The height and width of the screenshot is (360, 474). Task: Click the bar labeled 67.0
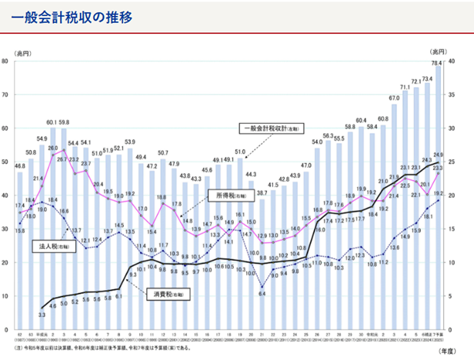395,215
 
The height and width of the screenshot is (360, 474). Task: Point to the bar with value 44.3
251,254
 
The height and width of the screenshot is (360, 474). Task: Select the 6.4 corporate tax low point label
262,294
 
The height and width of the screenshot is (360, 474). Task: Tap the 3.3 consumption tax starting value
41,315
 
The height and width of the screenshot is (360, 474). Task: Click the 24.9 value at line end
439,155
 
